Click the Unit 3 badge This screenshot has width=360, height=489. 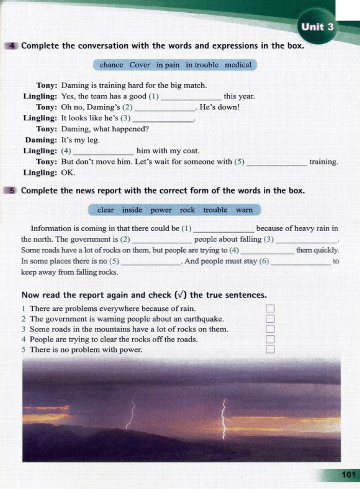tap(317, 27)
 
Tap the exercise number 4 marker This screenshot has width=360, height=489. tap(12, 46)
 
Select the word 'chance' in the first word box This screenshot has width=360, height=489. tap(111, 65)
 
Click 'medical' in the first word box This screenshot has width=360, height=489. tap(238, 65)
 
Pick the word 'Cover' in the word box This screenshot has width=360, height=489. tap(139, 65)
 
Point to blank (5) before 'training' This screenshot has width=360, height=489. tap(277, 163)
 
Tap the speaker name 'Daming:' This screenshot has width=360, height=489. tap(41, 140)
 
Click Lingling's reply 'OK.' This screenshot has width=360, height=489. tap(68, 173)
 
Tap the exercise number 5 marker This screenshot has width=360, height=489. tap(12, 191)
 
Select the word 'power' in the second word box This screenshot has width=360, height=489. tap(161, 210)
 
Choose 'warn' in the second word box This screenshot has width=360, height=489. tap(244, 210)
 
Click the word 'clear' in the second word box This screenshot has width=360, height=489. tap(105, 210)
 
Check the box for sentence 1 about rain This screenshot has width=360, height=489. tap(270, 309)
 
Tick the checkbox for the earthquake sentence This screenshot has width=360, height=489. tap(270, 319)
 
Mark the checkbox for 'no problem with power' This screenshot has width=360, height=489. tap(270, 349)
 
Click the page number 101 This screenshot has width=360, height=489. tap(348, 475)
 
